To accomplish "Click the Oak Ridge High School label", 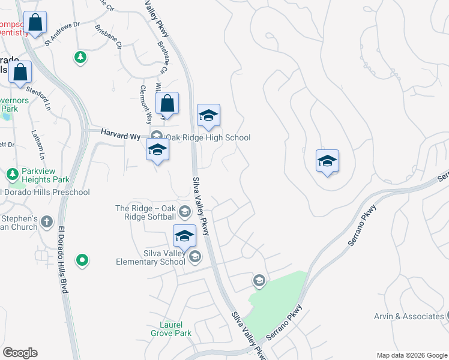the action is pos(208,138).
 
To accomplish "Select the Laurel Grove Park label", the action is pos(170,329).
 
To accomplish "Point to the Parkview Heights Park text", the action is pos(46,175).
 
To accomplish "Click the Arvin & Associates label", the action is pos(408,316).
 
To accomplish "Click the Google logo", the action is pos(20,353).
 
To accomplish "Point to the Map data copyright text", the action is pos(411,355).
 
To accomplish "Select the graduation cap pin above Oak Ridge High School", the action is pos(208,115).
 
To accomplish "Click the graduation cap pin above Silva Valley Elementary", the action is pos(184,235).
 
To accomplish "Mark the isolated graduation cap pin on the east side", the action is pos(328,161).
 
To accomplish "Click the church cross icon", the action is pos(47,223).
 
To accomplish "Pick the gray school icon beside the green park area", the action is pos(259,280).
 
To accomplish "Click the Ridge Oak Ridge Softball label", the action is pos(146,212).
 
